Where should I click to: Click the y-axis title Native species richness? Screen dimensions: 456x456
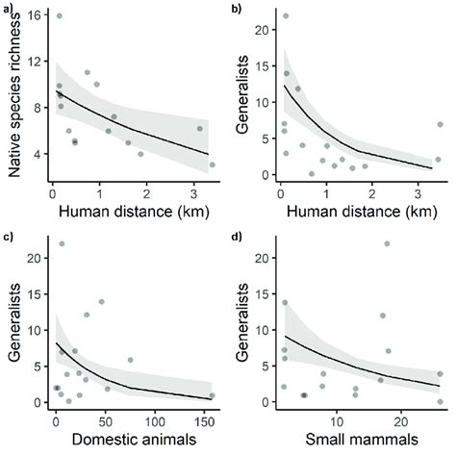(x=13, y=91)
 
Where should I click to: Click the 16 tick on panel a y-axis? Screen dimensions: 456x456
(x=36, y=16)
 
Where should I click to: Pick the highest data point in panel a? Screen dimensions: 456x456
(x=59, y=16)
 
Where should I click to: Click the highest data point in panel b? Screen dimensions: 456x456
(x=286, y=16)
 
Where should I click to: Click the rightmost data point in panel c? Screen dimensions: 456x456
(x=212, y=395)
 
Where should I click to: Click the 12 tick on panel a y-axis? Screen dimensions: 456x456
(x=36, y=63)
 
